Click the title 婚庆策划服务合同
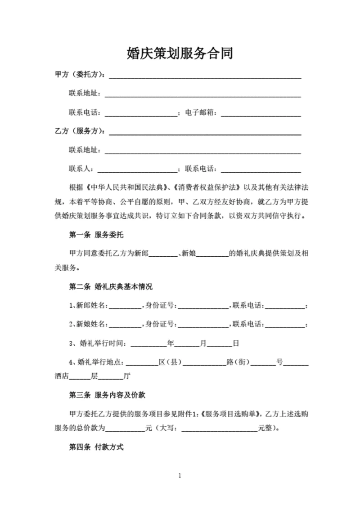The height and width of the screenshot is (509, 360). click(180, 54)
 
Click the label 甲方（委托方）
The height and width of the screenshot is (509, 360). click(80, 75)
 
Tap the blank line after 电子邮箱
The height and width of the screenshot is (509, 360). click(261, 113)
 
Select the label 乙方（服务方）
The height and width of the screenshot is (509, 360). click(80, 131)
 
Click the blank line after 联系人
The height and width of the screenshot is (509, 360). click(138, 170)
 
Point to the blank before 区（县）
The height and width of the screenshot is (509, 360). click(142, 362)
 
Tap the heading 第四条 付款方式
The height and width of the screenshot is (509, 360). click(96, 447)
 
